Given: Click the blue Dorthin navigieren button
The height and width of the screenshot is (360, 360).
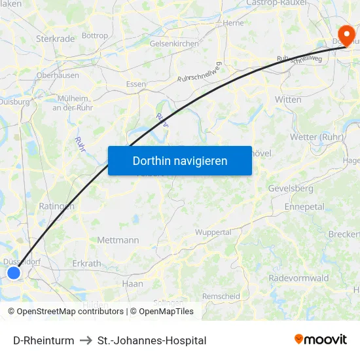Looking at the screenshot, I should pos(179,160).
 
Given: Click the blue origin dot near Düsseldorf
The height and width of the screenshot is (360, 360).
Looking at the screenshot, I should pos(14,272).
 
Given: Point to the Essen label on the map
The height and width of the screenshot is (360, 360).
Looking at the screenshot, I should pos(136,84).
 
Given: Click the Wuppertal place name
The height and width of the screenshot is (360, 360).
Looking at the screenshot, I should pos(213,232).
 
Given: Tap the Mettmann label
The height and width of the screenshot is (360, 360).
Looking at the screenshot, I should pos(118,240).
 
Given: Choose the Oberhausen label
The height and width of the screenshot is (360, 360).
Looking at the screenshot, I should pos(58,75).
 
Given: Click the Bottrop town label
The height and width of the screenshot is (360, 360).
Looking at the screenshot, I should pos(96,35).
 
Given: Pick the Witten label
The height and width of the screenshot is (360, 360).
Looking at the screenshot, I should pos(288,99).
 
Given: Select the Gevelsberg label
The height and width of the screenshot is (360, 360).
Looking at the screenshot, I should pos(291,189).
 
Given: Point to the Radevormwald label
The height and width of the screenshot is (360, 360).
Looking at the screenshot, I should pos(298,278).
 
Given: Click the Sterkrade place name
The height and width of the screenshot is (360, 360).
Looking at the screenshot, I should pos(56,39).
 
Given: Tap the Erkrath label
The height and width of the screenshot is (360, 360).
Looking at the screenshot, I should pos(87,264).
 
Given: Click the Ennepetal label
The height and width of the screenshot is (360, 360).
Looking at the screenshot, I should pos(304,206).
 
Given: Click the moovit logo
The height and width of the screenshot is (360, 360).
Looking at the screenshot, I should pos(321,339).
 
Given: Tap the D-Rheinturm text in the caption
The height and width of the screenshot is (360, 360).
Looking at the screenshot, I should pos(43,340).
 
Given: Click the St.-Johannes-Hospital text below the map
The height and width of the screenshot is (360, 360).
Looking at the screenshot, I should pos(152,340).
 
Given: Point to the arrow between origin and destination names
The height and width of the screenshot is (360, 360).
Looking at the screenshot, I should pos(86,340).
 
